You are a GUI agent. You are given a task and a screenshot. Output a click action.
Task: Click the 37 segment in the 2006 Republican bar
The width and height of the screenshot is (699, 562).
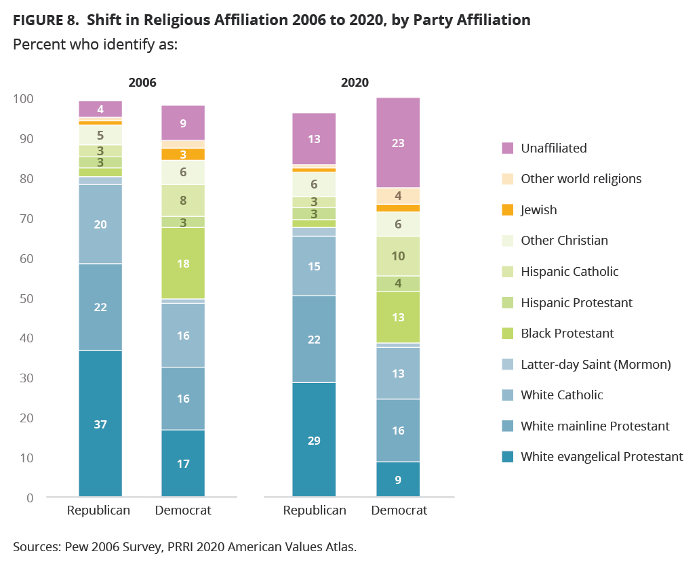(100, 424)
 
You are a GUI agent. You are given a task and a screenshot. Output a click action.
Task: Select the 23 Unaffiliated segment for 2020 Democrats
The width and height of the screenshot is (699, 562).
(398, 143)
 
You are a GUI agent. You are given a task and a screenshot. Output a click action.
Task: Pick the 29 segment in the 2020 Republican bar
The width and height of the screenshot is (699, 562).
(314, 440)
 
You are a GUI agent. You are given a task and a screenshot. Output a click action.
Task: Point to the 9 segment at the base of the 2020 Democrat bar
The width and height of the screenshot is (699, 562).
(398, 479)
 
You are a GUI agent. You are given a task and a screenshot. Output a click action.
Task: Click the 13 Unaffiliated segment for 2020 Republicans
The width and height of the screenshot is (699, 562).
(314, 139)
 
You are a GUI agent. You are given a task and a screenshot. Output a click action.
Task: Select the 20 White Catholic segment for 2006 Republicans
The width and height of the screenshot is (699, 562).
(100, 224)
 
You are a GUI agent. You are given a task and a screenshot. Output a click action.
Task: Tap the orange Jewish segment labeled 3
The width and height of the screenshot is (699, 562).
(183, 155)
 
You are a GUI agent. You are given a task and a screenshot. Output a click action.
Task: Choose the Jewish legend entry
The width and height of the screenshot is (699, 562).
(538, 209)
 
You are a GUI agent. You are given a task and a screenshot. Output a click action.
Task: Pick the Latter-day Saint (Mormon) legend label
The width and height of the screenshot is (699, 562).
(595, 364)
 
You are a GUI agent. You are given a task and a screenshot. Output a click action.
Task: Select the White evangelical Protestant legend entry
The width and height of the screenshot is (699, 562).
(601, 456)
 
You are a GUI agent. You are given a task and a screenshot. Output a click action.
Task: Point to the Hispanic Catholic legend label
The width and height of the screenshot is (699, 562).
(570, 271)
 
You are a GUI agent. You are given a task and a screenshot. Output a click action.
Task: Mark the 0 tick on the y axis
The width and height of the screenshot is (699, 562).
(29, 498)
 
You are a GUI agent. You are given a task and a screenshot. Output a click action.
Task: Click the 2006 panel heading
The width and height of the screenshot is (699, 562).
(142, 83)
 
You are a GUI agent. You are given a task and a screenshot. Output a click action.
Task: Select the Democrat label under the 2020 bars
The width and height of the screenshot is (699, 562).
(399, 510)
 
